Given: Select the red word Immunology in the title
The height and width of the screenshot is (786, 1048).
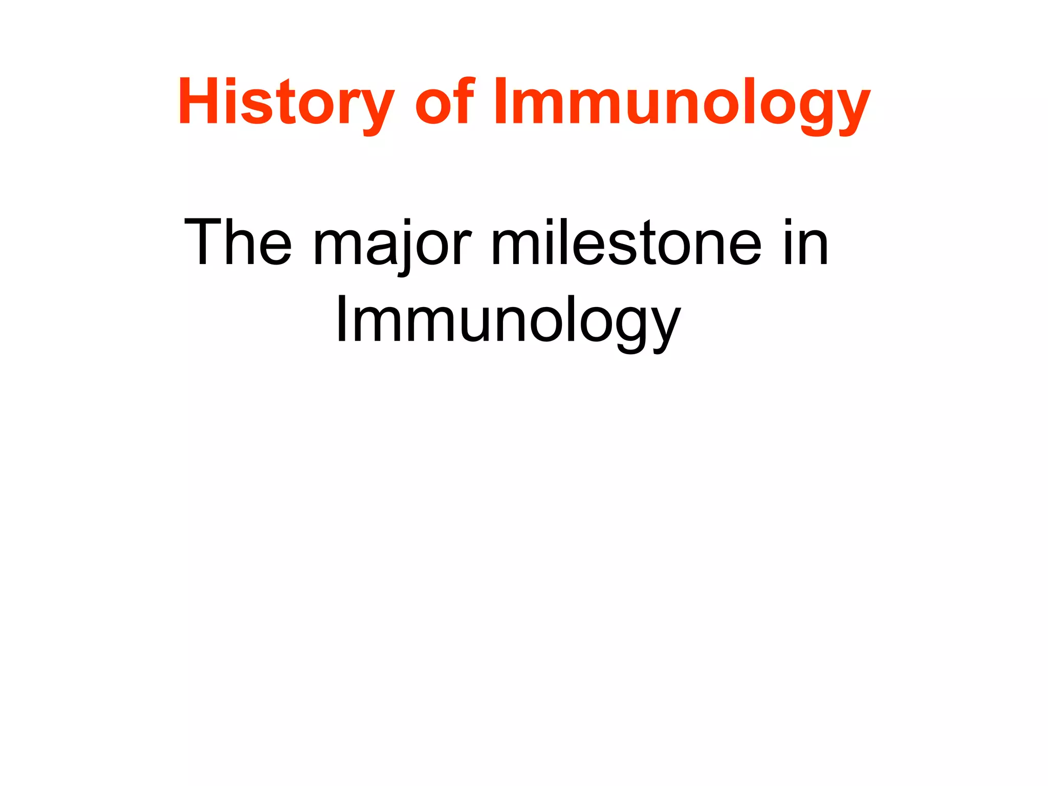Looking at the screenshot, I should pyautogui.click(x=681, y=102).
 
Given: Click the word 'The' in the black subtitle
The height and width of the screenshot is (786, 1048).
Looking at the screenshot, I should pyautogui.click(x=237, y=243).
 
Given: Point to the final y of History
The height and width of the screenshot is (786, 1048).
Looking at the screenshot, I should pyautogui.click(x=376, y=110).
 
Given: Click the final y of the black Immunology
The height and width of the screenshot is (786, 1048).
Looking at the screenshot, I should pyautogui.click(x=665, y=327).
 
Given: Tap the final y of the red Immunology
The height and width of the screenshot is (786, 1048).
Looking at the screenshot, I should pyautogui.click(x=851, y=110).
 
